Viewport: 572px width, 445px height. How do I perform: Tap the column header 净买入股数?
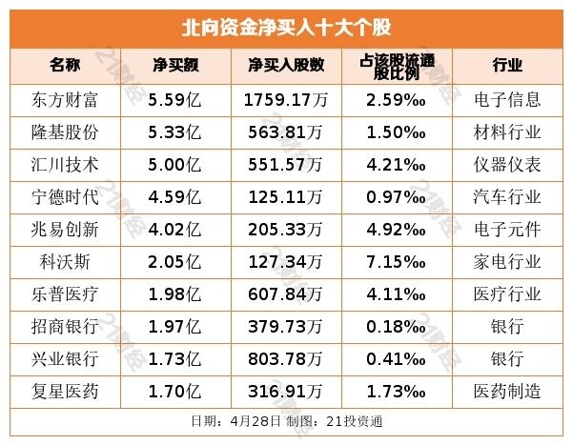tap(286, 65)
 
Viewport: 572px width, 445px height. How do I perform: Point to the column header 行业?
tap(507, 65)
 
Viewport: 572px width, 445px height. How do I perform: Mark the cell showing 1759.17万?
tap(286, 98)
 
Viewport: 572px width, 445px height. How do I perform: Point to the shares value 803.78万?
tap(286, 358)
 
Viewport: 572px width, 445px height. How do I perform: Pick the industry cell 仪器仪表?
tap(507, 164)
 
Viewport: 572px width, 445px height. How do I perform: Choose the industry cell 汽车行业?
tap(507, 196)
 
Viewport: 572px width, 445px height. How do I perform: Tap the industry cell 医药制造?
tap(507, 391)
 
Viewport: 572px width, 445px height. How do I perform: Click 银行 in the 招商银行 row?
tap(507, 326)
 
